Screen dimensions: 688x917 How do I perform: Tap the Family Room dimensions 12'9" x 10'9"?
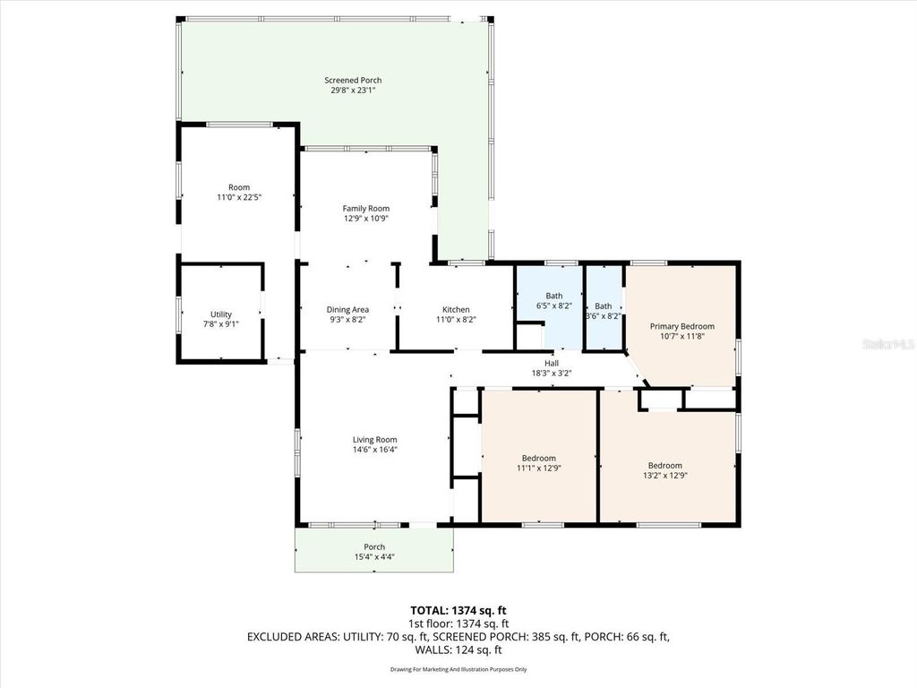pos(365,219)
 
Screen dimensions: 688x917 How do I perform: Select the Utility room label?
pos(221,314)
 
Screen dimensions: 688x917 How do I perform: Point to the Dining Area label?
pos(347,309)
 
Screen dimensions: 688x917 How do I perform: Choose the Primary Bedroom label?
pos(682,326)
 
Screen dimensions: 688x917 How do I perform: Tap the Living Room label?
pos(374,439)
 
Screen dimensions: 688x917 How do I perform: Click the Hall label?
pos(552,363)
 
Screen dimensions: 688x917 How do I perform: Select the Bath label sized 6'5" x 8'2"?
pos(553,295)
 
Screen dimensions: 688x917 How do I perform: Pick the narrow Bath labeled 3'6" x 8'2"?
pos(604,305)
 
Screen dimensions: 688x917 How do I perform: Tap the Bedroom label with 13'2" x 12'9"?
pos(665,465)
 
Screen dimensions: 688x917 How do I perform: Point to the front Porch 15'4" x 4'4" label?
pos(374,546)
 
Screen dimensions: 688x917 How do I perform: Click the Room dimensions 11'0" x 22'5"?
pos(239,197)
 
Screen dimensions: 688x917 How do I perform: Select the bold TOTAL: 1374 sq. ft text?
pos(458,610)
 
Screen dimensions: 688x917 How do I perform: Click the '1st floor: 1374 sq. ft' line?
pos(458,623)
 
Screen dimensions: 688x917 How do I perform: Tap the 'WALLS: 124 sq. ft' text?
pos(458,649)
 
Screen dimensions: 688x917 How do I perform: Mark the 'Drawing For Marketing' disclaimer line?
pos(458,669)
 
